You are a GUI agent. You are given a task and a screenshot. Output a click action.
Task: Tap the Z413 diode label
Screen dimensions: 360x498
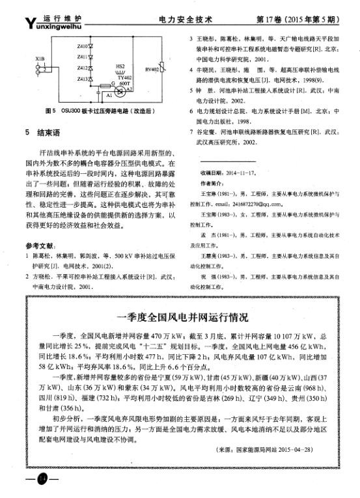click(81, 79)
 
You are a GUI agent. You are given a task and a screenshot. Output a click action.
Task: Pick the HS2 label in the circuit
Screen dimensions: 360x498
click(120, 66)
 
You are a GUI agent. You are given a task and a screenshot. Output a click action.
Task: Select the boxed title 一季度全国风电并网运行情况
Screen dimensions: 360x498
click(179, 318)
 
